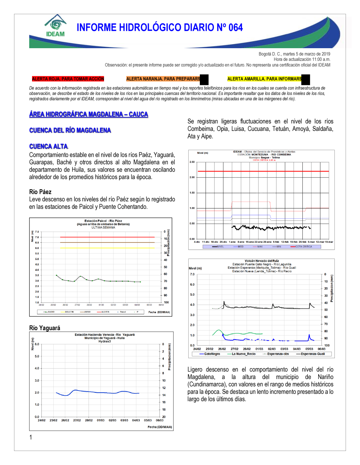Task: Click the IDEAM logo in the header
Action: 55,26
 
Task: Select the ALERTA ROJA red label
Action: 68,79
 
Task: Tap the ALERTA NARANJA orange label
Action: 163,79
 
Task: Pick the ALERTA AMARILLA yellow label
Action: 264,79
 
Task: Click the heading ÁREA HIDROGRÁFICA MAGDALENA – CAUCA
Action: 89,114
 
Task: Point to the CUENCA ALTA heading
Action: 48,146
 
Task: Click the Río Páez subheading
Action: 40,192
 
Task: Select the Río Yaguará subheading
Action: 45,328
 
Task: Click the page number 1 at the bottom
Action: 31,437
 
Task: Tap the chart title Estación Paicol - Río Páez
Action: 103,221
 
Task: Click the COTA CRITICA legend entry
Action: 303,247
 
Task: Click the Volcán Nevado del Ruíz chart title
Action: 262,261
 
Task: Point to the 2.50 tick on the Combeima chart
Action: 192,162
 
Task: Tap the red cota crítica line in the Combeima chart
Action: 263,171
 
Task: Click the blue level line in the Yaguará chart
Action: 97,392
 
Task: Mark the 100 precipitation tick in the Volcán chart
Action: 327,345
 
